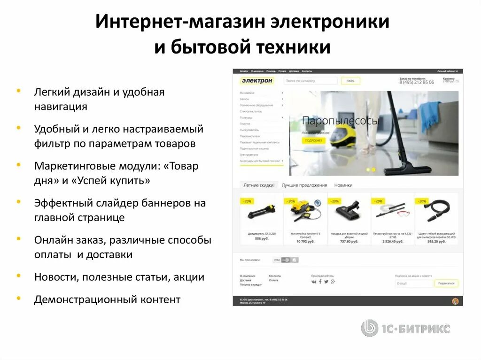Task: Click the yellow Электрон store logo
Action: click(x=257, y=81)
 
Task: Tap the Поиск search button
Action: click(x=350, y=81)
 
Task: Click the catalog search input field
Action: click(x=310, y=81)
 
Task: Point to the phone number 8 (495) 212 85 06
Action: click(x=417, y=82)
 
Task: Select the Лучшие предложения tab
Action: click(x=304, y=185)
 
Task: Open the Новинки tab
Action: click(x=343, y=185)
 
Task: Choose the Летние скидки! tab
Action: click(x=259, y=185)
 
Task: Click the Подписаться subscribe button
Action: click(x=446, y=283)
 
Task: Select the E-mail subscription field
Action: click(x=414, y=283)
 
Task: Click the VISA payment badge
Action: click(x=277, y=260)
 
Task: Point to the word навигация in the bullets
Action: click(x=61, y=106)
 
